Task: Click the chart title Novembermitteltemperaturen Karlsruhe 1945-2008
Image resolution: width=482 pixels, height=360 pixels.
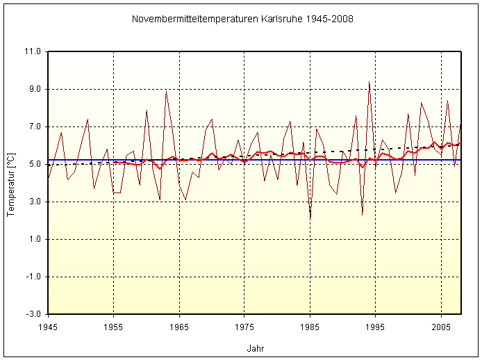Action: [242, 19]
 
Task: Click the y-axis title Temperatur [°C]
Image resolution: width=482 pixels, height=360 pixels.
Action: [10, 183]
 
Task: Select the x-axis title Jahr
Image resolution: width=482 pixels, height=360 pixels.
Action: [255, 347]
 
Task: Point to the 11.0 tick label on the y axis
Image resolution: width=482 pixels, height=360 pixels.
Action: [33, 52]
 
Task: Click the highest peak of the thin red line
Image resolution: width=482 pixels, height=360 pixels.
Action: [369, 82]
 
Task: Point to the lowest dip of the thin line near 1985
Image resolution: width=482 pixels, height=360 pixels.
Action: [310, 219]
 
